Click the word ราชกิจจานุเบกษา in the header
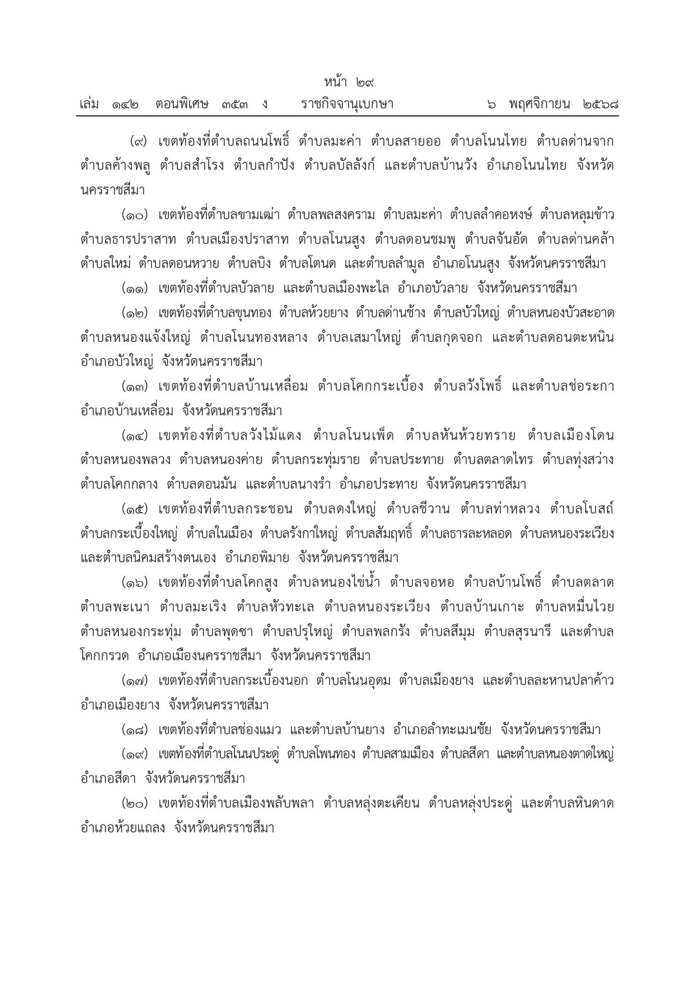pos(347,104)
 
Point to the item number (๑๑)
pos(137,288)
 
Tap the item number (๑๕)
pos(137,509)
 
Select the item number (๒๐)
pos(137,804)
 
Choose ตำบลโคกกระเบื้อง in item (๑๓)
pos(370,386)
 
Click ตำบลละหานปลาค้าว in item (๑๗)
pos(555,681)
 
